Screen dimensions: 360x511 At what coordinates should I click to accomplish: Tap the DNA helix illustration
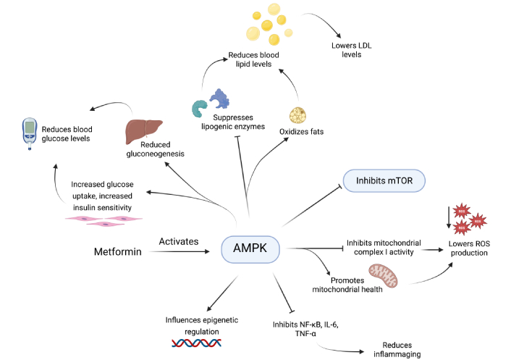click(191, 344)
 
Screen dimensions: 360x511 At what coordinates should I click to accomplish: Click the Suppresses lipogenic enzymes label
click(238, 122)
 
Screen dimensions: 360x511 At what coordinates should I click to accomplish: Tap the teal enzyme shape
click(198, 108)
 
